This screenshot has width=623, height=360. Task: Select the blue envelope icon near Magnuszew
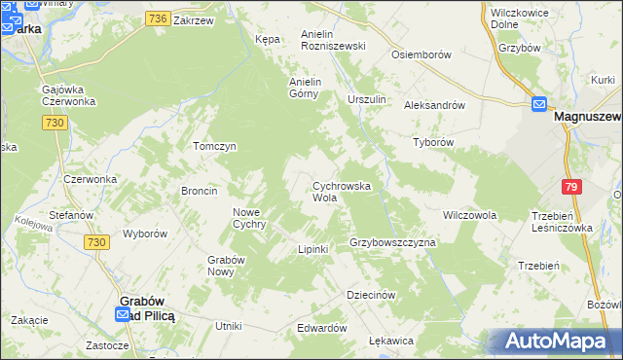(x=539, y=104)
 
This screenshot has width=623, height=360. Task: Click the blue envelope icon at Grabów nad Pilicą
(x=122, y=314)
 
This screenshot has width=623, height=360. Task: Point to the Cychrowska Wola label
(x=340, y=191)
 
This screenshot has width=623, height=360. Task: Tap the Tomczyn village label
(x=215, y=146)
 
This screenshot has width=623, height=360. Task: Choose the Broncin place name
(x=199, y=191)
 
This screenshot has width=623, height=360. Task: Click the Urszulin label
(x=367, y=100)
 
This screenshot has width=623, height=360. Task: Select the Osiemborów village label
(x=420, y=55)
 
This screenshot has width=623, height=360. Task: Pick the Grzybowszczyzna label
(x=392, y=241)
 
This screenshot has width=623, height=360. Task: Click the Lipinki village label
(x=312, y=250)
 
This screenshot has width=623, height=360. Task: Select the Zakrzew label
(x=193, y=19)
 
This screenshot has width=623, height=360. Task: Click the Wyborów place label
(x=145, y=234)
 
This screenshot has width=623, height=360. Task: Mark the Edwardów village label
(x=322, y=328)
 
